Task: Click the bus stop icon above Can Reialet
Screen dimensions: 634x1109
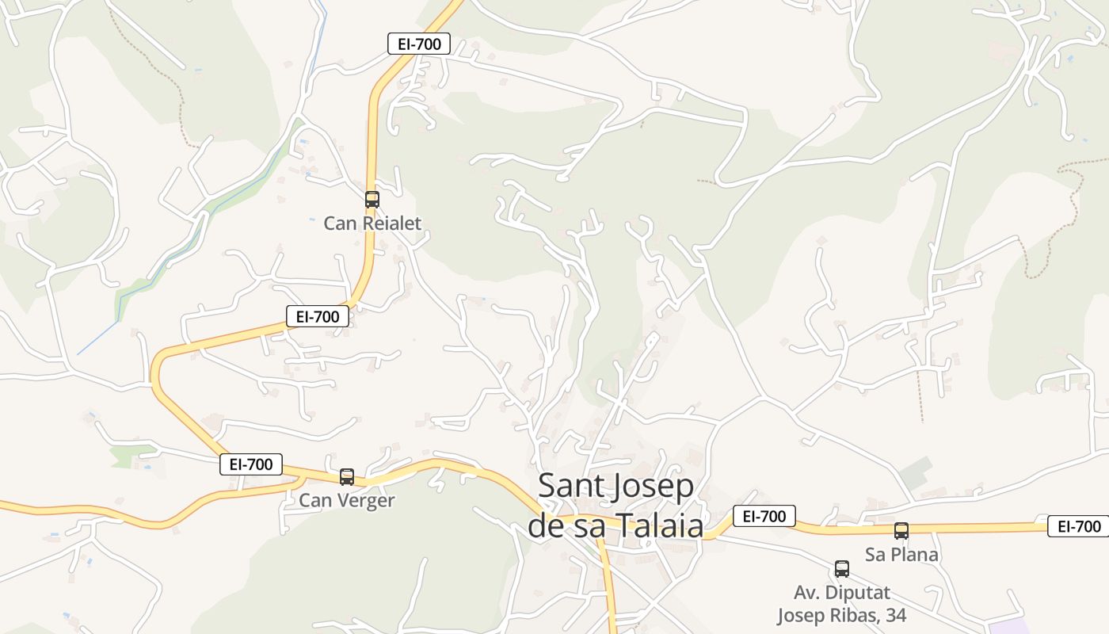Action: (x=372, y=200)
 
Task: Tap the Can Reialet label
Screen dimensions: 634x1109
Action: (x=372, y=223)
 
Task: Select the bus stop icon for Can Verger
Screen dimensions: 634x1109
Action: (x=347, y=477)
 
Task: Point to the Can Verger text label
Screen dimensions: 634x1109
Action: (x=346, y=501)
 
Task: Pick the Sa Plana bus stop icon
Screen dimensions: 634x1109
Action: (x=901, y=531)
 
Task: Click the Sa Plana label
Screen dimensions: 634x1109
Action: (x=901, y=555)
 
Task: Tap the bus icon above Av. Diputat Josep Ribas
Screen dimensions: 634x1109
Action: (x=842, y=569)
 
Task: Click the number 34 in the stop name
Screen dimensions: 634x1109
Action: (x=894, y=615)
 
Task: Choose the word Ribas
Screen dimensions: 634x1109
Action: (x=856, y=615)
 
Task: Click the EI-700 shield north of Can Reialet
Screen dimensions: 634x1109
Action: (x=419, y=44)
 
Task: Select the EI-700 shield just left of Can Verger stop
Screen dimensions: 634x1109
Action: (x=251, y=464)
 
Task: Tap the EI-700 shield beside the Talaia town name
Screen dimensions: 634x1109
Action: (x=764, y=517)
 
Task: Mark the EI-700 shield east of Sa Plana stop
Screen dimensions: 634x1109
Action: (x=1079, y=525)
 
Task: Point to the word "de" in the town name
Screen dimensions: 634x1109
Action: (x=546, y=525)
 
